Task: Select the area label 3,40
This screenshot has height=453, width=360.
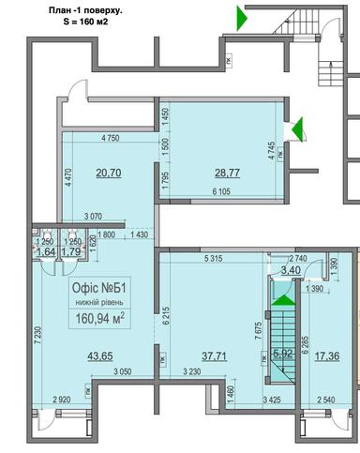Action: click(x=266, y=271)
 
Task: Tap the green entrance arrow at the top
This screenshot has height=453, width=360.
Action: click(x=241, y=17)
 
